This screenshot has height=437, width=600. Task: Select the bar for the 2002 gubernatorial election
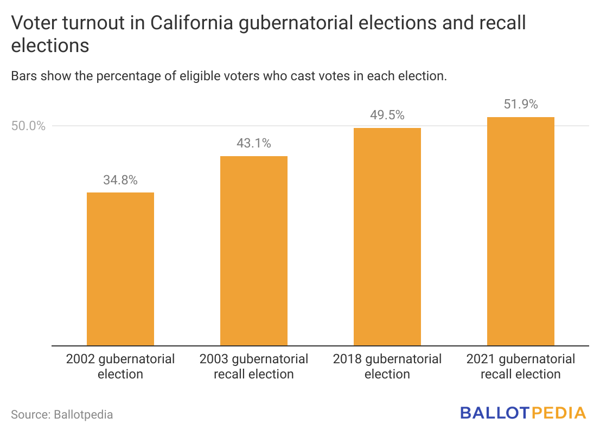120,269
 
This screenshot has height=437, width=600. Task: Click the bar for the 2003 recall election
253,250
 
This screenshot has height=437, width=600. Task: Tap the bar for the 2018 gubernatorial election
387,236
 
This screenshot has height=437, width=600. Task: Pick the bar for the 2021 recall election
521,231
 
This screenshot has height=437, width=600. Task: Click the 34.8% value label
120,181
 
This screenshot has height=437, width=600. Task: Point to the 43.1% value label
253,144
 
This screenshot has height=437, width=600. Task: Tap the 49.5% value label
387,115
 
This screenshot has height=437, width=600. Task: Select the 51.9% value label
521,105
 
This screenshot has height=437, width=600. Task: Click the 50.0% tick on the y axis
28,126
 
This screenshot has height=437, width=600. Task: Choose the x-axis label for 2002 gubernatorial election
120,367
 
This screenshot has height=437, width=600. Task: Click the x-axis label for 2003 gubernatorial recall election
253,367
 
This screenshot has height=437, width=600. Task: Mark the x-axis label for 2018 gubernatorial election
387,367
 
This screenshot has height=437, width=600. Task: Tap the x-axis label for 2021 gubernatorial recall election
521,367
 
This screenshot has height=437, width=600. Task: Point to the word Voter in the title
32,24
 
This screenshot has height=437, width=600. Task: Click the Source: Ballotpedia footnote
62,415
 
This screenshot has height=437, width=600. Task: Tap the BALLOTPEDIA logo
523,413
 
